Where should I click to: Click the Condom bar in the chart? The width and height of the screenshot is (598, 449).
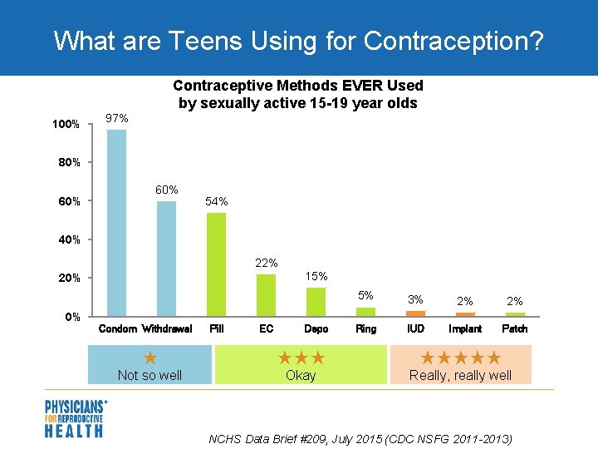pyautogui.click(x=117, y=222)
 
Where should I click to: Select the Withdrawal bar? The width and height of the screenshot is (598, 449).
pyautogui.click(x=167, y=258)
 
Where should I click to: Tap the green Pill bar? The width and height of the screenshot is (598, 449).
pyautogui.click(x=216, y=264)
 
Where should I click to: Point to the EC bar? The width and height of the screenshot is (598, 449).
pyautogui.click(x=266, y=294)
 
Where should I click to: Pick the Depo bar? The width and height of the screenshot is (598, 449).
pyautogui.click(x=316, y=301)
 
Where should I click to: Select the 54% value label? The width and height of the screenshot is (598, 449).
pyautogui.click(x=216, y=202)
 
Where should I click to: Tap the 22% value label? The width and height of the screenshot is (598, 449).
pyautogui.click(x=266, y=263)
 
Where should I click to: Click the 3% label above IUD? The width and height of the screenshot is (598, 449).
pyautogui.click(x=415, y=300)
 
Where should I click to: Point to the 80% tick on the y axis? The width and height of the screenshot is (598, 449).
pyautogui.click(x=69, y=162)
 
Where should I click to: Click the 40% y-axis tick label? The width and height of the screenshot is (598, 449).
pyautogui.click(x=69, y=239)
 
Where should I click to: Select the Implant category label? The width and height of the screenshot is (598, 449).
pyautogui.click(x=465, y=329)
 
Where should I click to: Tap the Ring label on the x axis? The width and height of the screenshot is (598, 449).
pyautogui.click(x=365, y=329)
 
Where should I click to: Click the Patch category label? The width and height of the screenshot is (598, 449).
pyautogui.click(x=515, y=329)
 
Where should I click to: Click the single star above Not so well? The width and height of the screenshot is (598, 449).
pyautogui.click(x=150, y=358)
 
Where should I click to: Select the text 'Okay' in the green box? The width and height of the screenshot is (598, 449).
pyautogui.click(x=301, y=376)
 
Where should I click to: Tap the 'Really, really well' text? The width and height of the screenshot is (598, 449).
pyautogui.click(x=461, y=376)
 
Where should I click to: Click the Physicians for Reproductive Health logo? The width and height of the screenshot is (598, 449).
pyautogui.click(x=75, y=418)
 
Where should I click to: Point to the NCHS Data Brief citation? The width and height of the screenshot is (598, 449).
pyautogui.click(x=360, y=438)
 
